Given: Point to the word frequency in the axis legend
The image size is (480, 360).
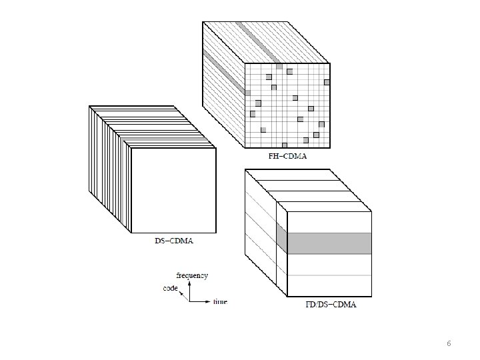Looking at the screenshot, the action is [192, 275].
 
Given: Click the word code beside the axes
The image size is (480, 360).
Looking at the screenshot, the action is [170, 288].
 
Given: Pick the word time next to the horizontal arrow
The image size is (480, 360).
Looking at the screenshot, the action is [220, 302].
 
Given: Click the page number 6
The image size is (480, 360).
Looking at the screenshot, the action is [449, 343].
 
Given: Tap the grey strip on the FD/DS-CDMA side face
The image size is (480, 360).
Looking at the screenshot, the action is [281, 237].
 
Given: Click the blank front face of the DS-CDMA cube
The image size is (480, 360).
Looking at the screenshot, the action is [173, 190].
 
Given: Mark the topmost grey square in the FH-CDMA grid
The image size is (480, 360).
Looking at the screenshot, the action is [289, 69].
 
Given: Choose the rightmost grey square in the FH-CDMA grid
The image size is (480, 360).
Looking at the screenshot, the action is [327, 83].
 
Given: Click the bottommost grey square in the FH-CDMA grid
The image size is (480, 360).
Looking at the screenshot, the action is [285, 145].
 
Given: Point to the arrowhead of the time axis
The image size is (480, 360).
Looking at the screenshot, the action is [207, 301].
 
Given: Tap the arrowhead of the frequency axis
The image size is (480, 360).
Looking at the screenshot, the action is [189, 283].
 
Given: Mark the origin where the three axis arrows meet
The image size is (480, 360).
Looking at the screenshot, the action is [189, 301].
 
